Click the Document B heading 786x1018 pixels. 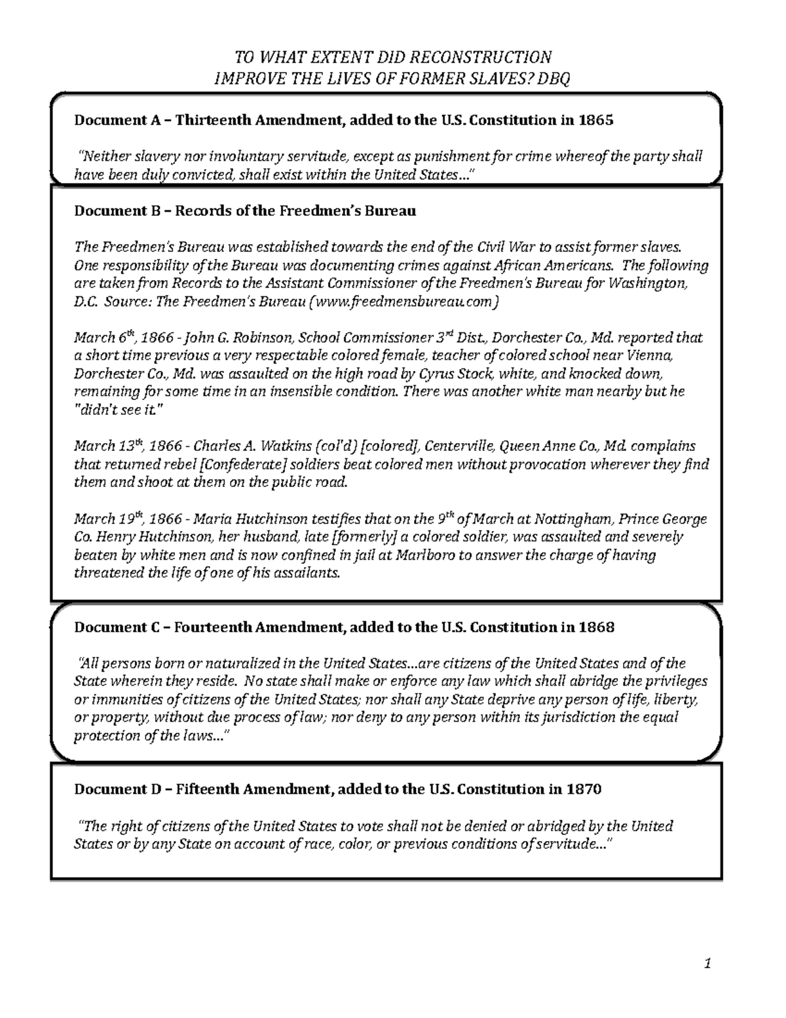[x=245, y=211]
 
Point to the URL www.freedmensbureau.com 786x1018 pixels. [x=403, y=302]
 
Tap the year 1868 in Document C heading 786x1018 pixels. [x=597, y=627]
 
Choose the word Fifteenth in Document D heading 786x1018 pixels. [x=208, y=789]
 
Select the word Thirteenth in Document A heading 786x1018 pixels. [x=214, y=120]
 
